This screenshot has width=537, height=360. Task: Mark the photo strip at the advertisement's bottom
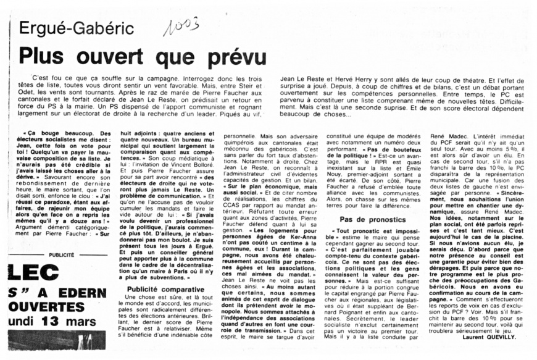click(x=56, y=340)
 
